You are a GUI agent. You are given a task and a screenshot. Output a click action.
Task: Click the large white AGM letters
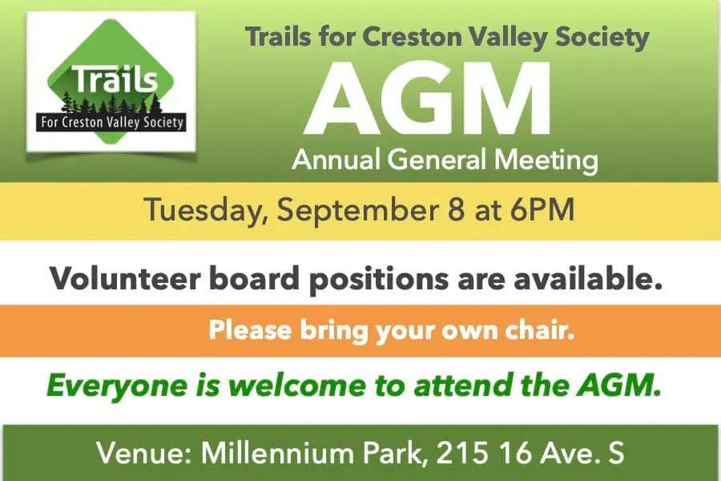429,97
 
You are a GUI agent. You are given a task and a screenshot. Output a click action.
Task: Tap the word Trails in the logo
114,79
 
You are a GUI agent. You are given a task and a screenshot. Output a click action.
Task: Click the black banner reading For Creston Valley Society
111,123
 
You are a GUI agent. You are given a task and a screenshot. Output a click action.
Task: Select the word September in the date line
356,210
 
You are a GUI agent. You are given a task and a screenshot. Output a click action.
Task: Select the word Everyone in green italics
117,386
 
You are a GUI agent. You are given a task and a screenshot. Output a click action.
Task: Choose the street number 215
461,453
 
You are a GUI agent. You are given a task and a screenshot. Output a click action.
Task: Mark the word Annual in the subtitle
336,160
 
